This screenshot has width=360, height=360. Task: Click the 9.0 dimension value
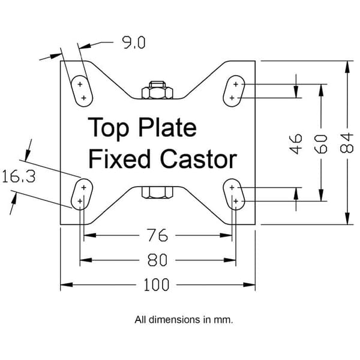134,43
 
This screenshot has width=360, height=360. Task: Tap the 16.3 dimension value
19,177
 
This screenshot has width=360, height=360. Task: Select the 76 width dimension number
157,235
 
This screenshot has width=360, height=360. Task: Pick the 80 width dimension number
157,260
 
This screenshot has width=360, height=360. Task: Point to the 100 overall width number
157,285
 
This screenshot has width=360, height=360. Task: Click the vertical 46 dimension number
296,144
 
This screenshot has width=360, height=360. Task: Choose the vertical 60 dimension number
321,144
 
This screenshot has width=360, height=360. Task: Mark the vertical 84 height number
346,143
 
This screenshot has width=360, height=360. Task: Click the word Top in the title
109,128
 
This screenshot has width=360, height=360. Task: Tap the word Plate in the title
167,127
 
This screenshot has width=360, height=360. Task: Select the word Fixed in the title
119,158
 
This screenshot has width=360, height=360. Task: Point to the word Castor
199,159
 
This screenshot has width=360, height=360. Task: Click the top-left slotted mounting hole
82,91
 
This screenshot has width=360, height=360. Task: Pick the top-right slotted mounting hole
234,91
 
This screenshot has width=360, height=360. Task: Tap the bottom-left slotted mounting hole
82,194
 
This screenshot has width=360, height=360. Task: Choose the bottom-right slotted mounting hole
234,194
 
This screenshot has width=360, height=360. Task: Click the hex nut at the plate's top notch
157,90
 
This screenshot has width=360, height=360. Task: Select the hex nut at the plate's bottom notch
157,193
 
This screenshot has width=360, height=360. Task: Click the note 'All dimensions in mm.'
184,320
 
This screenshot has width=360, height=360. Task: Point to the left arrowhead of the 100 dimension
67,285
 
